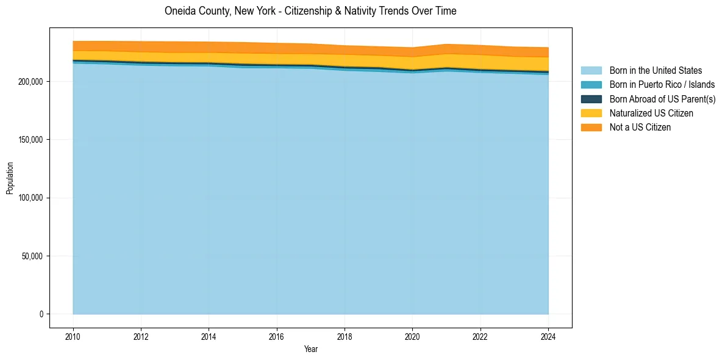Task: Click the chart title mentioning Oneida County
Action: coord(310,11)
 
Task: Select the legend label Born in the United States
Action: coord(655,71)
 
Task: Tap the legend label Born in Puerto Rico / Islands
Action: coord(662,85)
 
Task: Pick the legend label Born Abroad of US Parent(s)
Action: coord(662,99)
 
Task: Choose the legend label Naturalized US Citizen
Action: coord(651,113)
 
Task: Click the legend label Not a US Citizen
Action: coord(640,127)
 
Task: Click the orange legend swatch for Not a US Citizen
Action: coord(591,127)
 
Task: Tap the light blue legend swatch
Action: coord(591,71)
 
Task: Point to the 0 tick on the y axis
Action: coord(42,314)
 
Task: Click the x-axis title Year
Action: coord(310,349)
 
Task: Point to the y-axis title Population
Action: coord(10,178)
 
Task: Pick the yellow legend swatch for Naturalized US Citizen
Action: coord(591,113)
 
